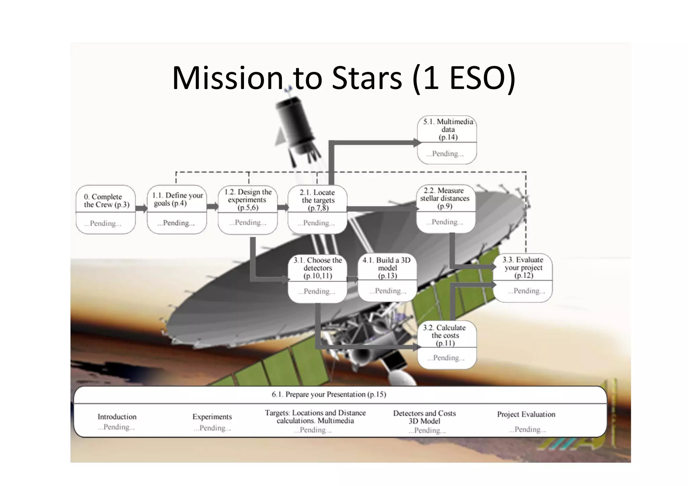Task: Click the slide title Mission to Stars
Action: click(343, 78)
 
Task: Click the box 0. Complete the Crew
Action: click(106, 209)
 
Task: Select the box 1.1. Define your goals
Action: click(177, 209)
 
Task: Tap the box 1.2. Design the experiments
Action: click(248, 209)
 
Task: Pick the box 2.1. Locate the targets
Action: click(317, 209)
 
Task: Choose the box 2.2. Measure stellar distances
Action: click(446, 208)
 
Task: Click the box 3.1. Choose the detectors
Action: click(317, 277)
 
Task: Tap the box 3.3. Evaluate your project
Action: click(523, 277)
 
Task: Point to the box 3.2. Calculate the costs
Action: click(447, 345)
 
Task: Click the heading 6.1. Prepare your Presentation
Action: click(329, 394)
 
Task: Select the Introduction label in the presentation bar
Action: click(117, 417)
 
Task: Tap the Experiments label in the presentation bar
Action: click(212, 417)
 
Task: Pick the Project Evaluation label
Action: click(526, 414)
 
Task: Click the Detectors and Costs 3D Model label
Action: click(424, 417)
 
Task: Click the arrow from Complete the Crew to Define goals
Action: click(141, 209)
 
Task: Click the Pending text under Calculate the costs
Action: click(446, 358)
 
